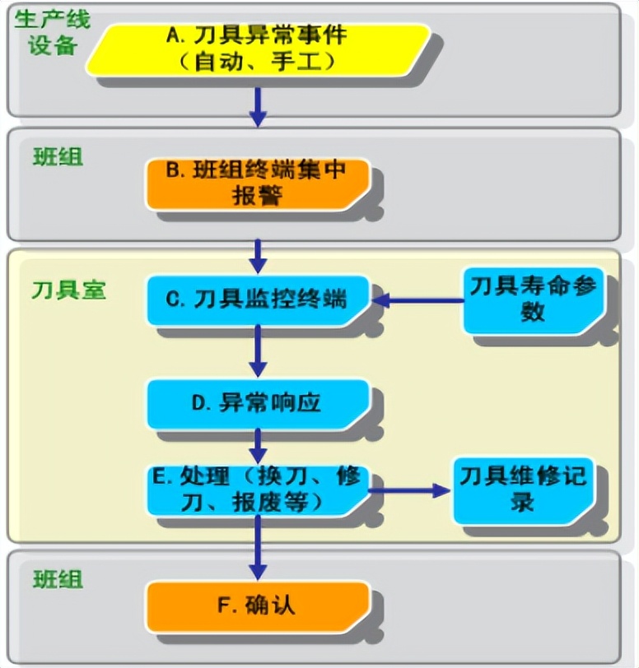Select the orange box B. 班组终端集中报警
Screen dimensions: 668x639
(258, 183)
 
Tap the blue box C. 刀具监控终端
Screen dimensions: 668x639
(258, 299)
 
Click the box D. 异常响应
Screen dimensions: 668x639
(257, 403)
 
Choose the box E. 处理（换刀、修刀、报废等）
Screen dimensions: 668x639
(257, 489)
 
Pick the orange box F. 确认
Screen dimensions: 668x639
(257, 607)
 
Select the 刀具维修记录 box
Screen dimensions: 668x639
(522, 489)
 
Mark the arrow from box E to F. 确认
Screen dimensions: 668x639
(258, 547)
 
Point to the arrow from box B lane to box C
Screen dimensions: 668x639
(258, 256)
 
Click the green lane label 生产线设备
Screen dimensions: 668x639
(51, 31)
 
